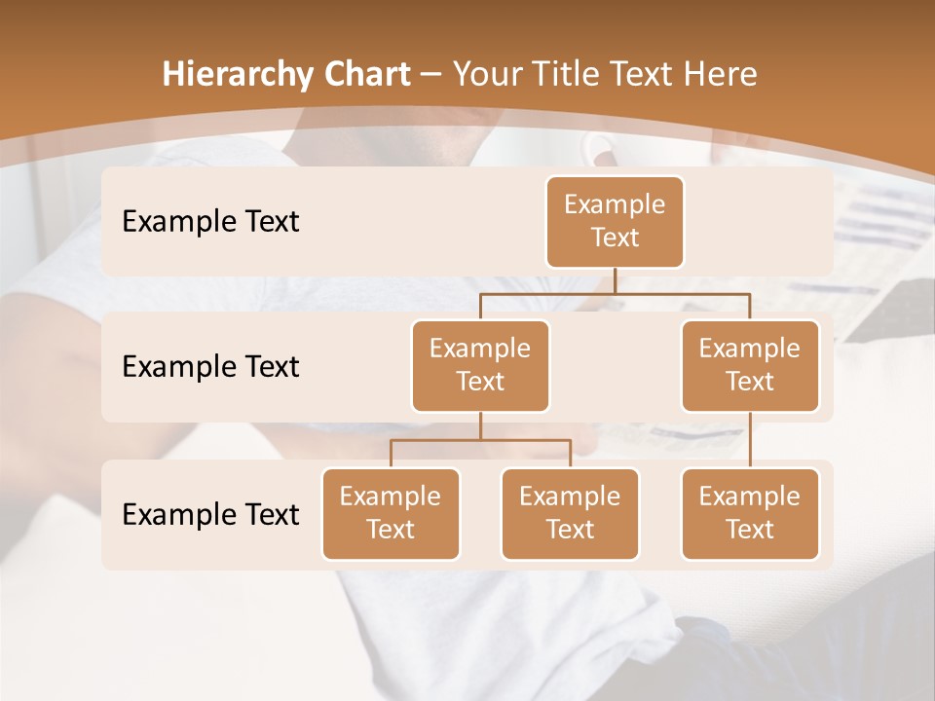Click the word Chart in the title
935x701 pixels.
tap(362, 74)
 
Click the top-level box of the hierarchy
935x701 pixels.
tap(615, 221)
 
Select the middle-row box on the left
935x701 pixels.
tap(480, 365)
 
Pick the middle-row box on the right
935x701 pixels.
tap(750, 365)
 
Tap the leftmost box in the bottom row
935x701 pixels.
tap(391, 513)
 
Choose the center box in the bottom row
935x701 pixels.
tap(570, 513)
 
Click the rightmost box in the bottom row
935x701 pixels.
tap(750, 513)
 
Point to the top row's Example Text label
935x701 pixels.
tap(210, 221)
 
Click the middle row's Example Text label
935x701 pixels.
tap(210, 366)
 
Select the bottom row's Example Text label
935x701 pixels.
tap(210, 514)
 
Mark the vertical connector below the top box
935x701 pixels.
tap(615, 280)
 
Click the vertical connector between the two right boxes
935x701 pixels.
tap(750, 440)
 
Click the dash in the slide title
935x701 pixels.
tap(430, 75)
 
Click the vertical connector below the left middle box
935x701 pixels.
tap(480, 426)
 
